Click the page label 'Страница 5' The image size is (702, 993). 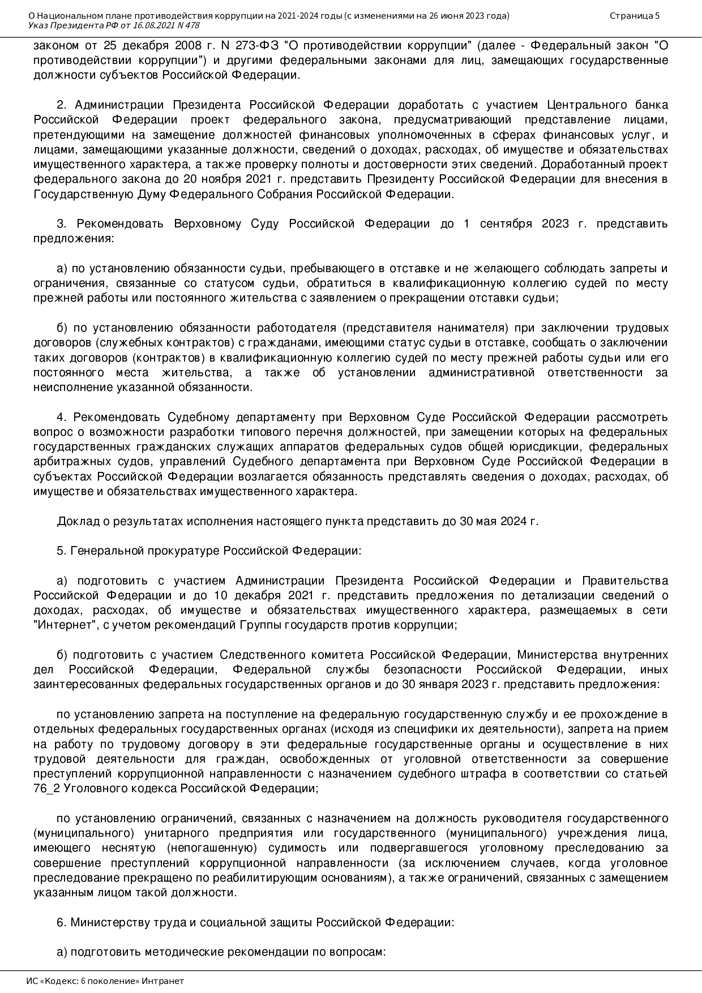tap(634, 16)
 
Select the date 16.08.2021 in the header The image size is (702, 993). tap(153, 25)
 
